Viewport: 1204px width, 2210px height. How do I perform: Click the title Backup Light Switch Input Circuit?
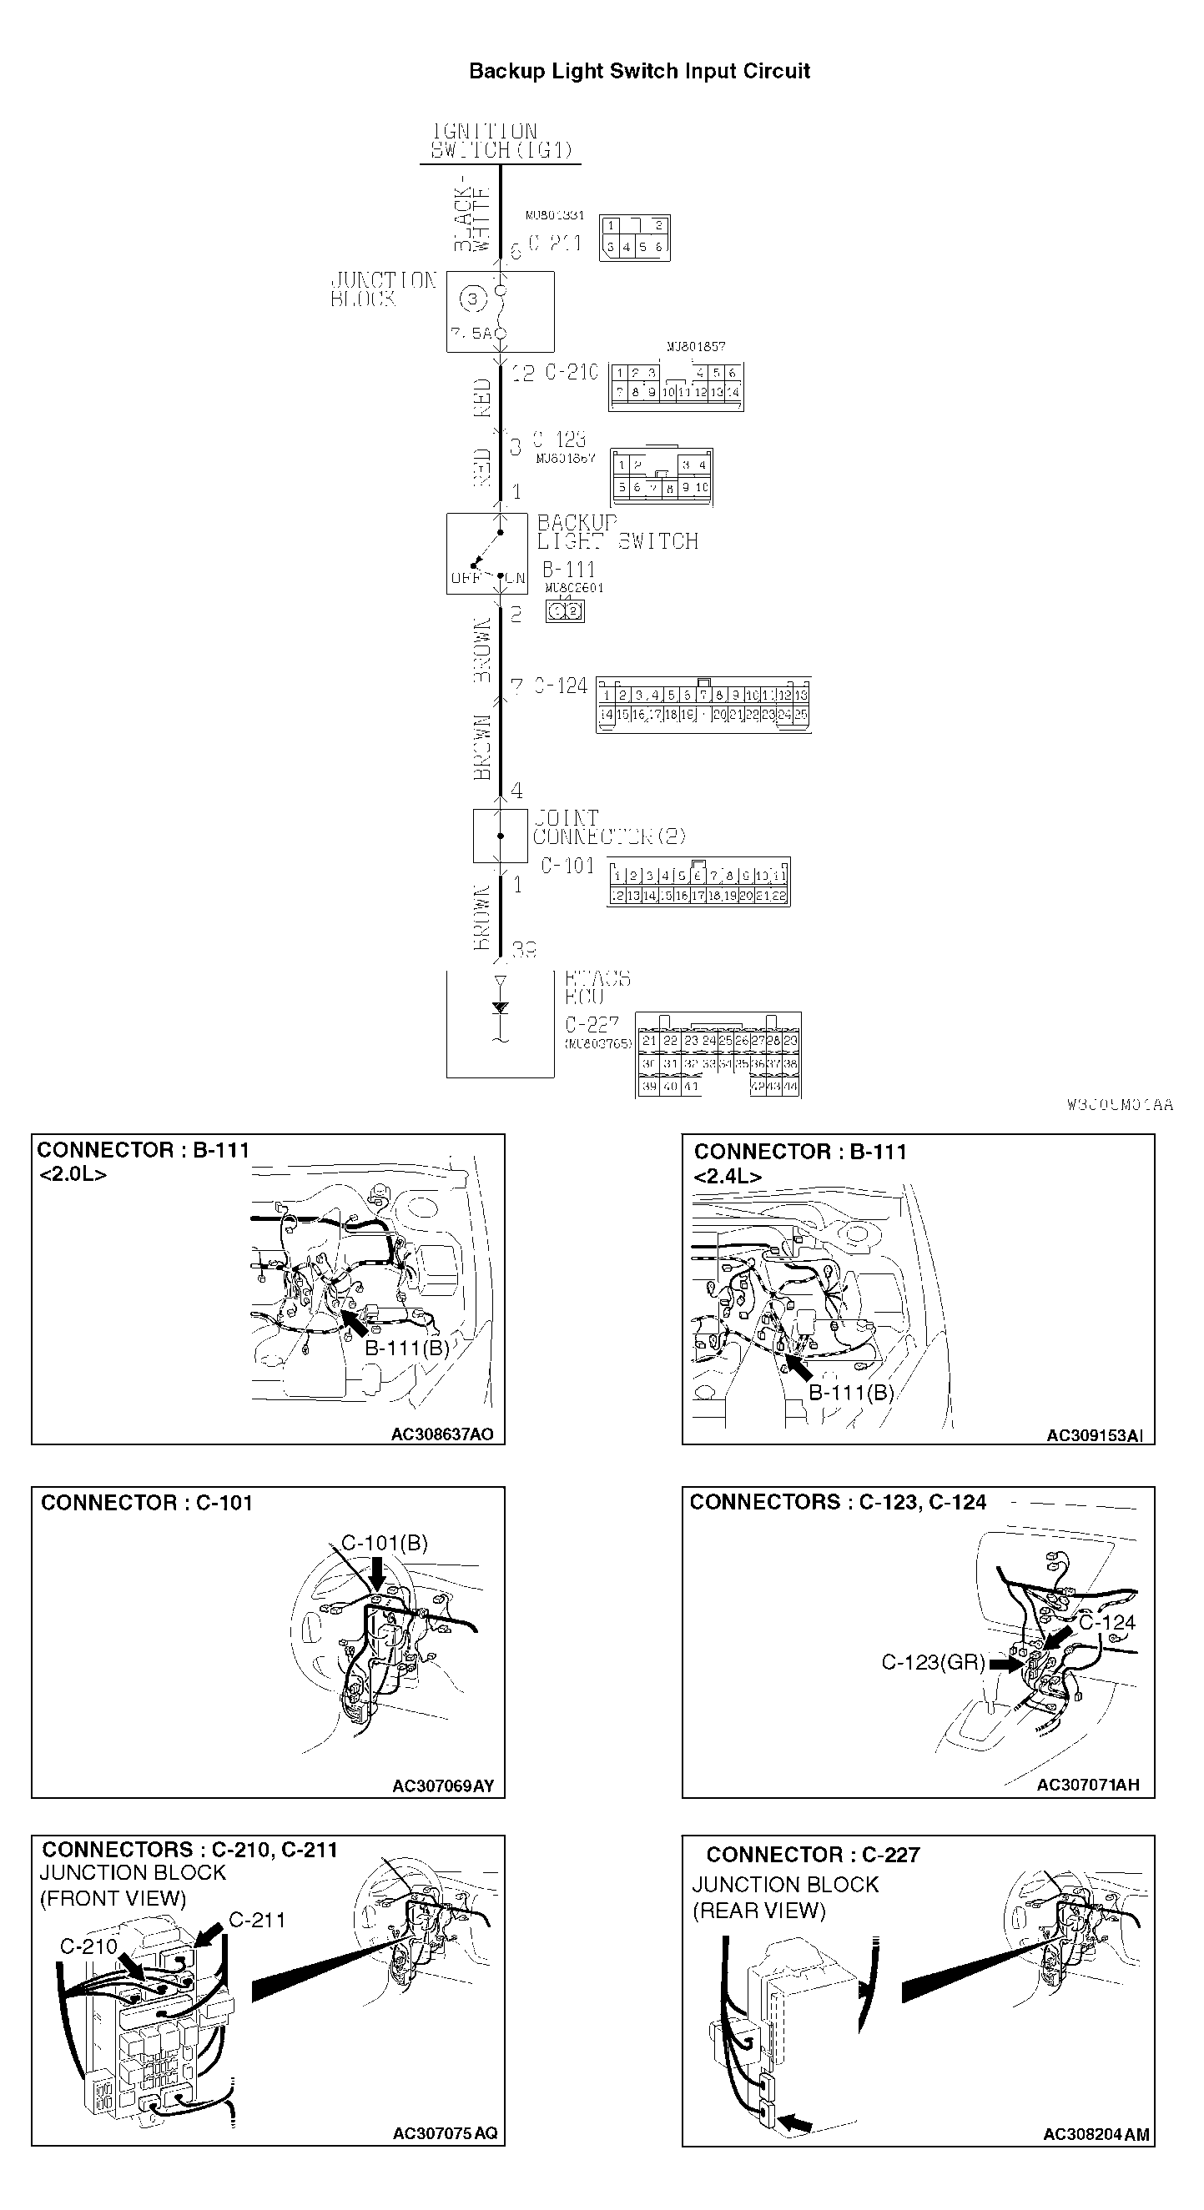(638, 71)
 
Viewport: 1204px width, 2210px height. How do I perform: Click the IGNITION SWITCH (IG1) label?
(500, 142)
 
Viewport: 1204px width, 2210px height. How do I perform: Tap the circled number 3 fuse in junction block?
(472, 299)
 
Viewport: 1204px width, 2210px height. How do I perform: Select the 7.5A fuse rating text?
(471, 333)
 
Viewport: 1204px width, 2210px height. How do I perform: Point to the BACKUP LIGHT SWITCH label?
(616, 532)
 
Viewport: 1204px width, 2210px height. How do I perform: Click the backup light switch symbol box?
(486, 554)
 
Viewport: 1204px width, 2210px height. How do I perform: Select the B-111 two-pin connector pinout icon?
(566, 611)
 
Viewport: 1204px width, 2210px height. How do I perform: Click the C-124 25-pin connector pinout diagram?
(703, 706)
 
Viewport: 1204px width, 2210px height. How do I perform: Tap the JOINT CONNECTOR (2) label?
(607, 827)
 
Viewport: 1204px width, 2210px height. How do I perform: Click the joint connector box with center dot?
(501, 835)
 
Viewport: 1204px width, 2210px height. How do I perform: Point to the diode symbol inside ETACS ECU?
(501, 1007)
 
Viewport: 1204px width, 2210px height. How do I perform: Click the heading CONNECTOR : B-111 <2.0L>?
(143, 1161)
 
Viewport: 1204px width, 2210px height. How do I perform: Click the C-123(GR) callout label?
(933, 1663)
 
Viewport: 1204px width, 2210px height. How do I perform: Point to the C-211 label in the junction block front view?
(257, 1920)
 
